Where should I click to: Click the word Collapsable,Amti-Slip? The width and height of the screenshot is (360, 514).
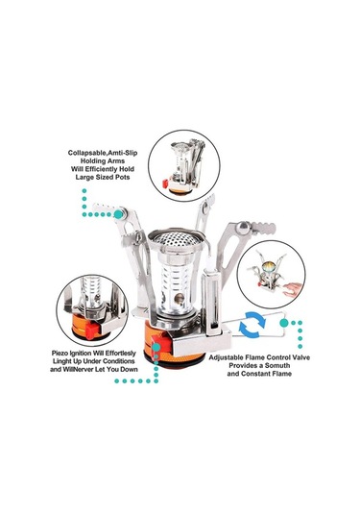click(103, 153)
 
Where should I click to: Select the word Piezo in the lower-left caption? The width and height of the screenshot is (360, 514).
click(60, 354)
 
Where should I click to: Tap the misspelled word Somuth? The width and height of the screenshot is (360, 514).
click(277, 365)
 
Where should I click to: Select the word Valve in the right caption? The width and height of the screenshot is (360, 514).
click(300, 357)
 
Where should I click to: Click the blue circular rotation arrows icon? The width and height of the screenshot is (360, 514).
click(252, 325)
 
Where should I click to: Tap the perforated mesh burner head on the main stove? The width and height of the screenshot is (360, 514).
click(176, 238)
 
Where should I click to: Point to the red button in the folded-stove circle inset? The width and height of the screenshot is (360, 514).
click(165, 184)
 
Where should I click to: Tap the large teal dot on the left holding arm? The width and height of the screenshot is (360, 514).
click(119, 214)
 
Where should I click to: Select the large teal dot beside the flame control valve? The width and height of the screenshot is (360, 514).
click(284, 323)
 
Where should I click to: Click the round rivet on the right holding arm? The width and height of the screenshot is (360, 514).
click(244, 228)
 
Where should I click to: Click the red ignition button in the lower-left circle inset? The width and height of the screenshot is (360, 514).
click(91, 331)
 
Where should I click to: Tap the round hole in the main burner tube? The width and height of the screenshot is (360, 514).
click(179, 298)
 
